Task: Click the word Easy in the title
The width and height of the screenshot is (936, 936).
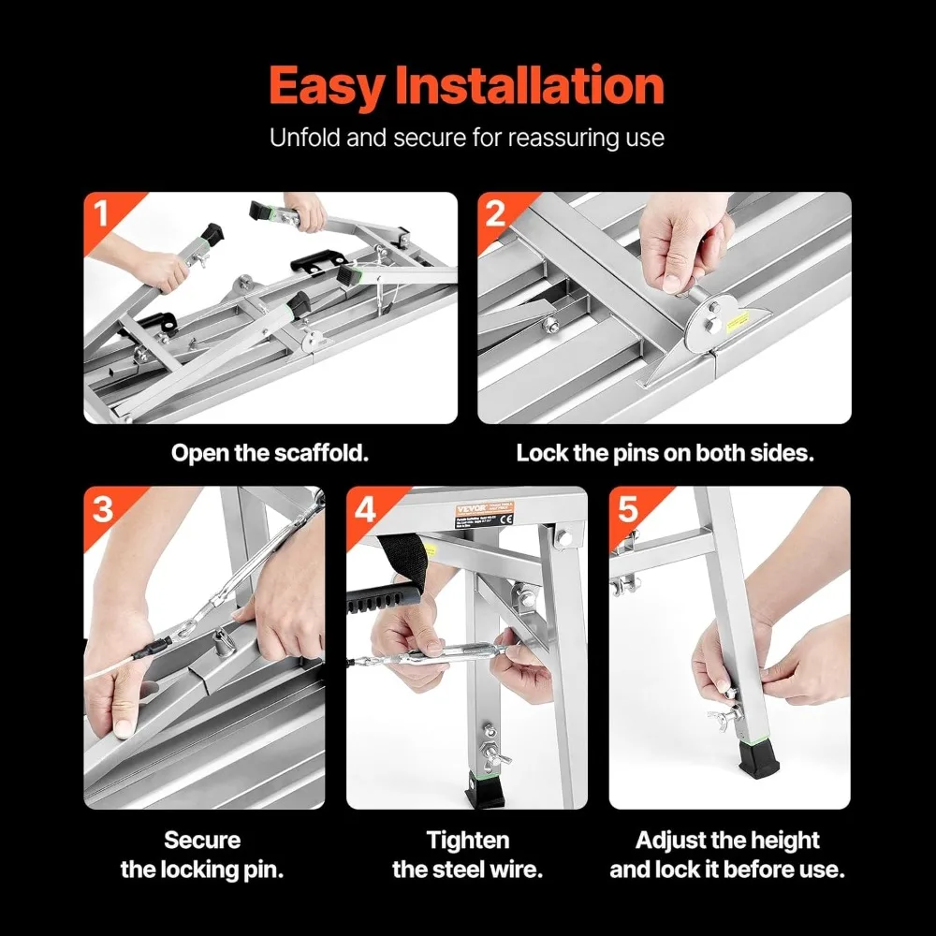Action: (327, 86)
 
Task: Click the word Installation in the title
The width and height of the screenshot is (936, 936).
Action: (530, 86)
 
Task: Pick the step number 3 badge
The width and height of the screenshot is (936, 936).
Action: (102, 508)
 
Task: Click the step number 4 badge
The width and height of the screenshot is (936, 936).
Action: (365, 508)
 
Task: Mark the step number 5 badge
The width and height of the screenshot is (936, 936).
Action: (628, 508)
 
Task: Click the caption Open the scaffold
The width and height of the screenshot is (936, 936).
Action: (270, 454)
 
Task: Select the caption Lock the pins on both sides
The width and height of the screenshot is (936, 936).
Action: (665, 454)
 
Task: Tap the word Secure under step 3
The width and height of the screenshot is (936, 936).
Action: (202, 841)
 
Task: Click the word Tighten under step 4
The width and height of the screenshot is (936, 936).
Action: (467, 841)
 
